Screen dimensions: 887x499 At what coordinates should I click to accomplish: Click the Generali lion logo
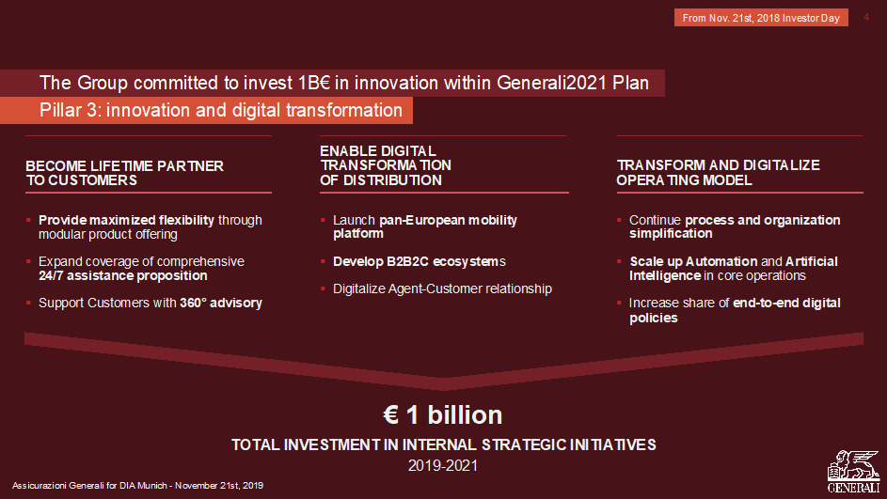[x=854, y=472]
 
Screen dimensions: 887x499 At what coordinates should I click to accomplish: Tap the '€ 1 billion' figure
[x=442, y=414]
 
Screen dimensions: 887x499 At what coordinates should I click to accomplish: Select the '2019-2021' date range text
[x=443, y=466]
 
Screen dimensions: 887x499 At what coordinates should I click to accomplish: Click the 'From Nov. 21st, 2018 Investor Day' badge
[x=761, y=18]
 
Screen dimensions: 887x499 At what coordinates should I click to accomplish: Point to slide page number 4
[x=866, y=17]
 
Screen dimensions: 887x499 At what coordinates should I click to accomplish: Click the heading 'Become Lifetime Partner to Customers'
[x=124, y=173]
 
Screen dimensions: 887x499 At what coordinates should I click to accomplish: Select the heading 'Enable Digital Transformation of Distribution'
[x=386, y=165]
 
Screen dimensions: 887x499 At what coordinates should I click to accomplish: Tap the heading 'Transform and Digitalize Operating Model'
[x=718, y=172]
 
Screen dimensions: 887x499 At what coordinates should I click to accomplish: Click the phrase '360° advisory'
[x=221, y=303]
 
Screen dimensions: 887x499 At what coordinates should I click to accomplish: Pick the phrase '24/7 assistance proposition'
[x=123, y=275]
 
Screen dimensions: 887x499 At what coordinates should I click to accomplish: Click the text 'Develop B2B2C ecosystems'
[x=420, y=261]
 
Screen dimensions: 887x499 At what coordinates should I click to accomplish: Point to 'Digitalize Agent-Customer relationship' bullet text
[x=442, y=288]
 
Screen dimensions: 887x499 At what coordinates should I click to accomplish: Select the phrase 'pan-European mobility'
[x=448, y=220]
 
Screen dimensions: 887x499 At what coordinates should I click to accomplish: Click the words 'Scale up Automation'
[x=693, y=261]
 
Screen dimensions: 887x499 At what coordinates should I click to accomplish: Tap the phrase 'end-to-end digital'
[x=786, y=303]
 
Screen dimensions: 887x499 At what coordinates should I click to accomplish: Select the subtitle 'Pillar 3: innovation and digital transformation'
[x=221, y=110]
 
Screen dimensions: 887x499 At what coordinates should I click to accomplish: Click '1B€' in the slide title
[x=313, y=83]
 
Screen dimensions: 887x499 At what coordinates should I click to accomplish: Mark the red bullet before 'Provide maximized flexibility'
[x=28, y=220]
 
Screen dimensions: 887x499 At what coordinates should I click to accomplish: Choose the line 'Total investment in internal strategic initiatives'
[x=444, y=444]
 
